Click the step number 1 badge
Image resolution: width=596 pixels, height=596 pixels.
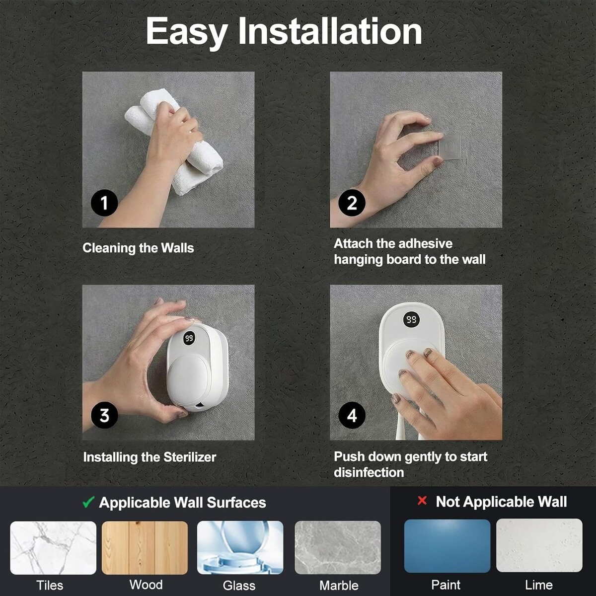104,203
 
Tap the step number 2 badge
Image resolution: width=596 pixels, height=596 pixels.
352,203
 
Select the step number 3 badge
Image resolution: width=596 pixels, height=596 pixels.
104,416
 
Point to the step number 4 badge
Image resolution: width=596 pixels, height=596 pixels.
352,416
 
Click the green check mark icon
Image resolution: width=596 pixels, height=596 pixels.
88,502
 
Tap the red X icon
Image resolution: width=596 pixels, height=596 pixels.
422,501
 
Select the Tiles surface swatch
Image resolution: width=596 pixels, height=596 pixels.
53,548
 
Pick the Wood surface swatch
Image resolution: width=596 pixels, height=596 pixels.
145,548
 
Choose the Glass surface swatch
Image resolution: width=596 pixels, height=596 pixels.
240,548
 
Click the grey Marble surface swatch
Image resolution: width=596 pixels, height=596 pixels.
338,548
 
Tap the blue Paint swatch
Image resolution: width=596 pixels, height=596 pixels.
447,546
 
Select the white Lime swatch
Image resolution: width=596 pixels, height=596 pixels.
539,546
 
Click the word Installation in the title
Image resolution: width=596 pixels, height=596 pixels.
330,31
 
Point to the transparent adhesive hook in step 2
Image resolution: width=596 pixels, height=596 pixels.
450,147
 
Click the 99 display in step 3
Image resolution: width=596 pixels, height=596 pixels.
189,338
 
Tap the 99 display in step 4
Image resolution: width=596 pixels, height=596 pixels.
411,319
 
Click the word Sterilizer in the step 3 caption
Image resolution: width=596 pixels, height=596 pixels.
190,457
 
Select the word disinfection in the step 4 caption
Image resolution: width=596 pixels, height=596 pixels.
369,473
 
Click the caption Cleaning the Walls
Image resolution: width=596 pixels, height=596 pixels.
138,248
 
